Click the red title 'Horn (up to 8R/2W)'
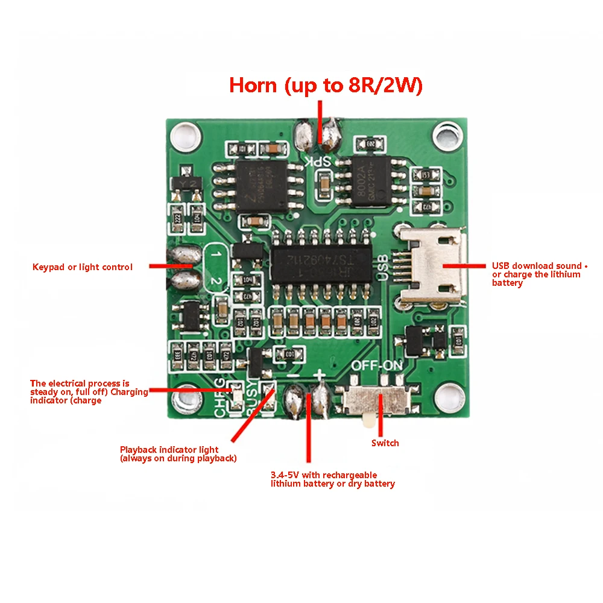point(326,86)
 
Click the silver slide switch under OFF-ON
point(373,401)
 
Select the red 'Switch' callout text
point(385,443)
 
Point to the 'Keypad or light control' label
point(83,267)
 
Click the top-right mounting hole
point(447,133)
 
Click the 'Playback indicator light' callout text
point(178,454)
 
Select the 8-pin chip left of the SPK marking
point(260,185)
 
